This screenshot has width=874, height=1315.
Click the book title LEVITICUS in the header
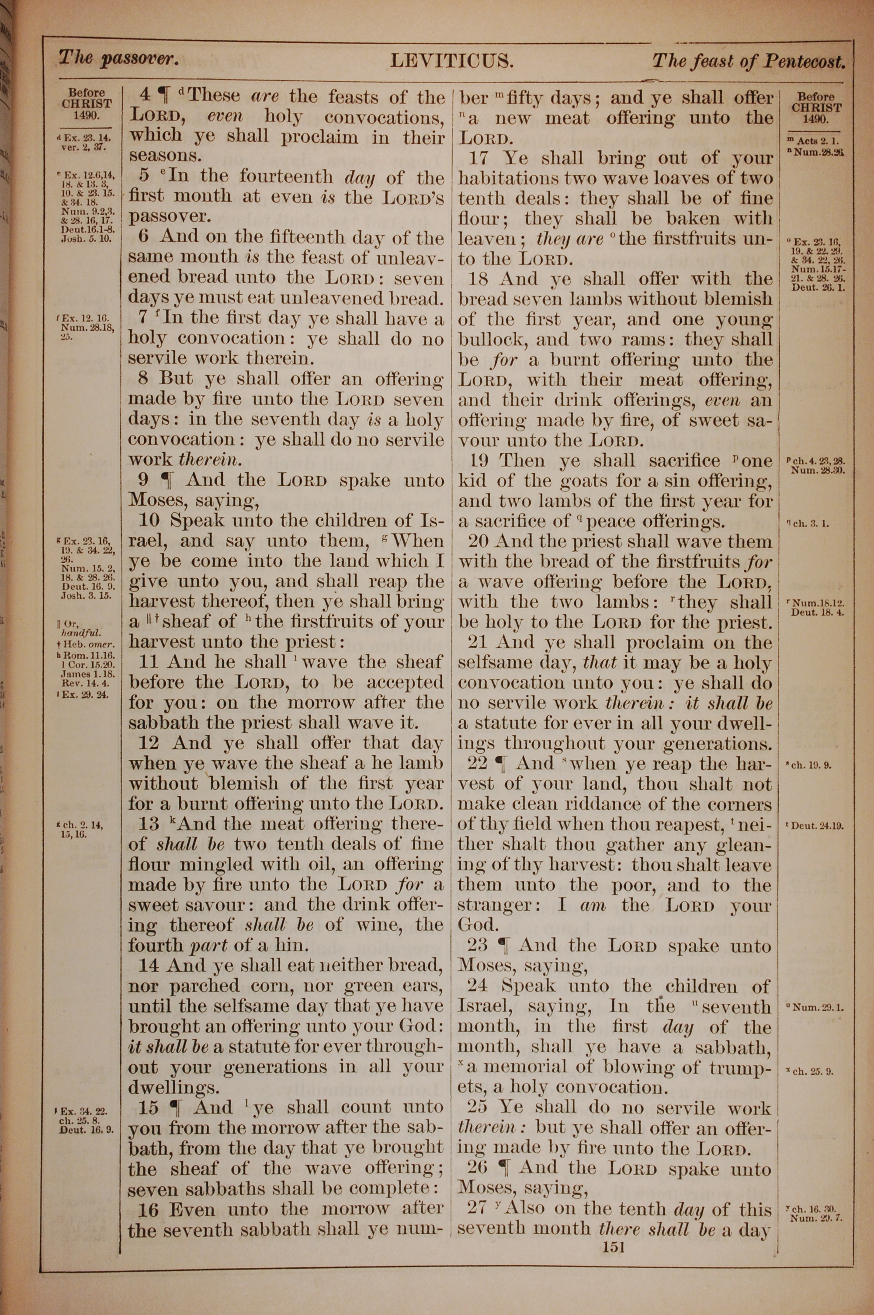click(451, 61)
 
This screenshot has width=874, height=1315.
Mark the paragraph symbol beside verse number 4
click(163, 97)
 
